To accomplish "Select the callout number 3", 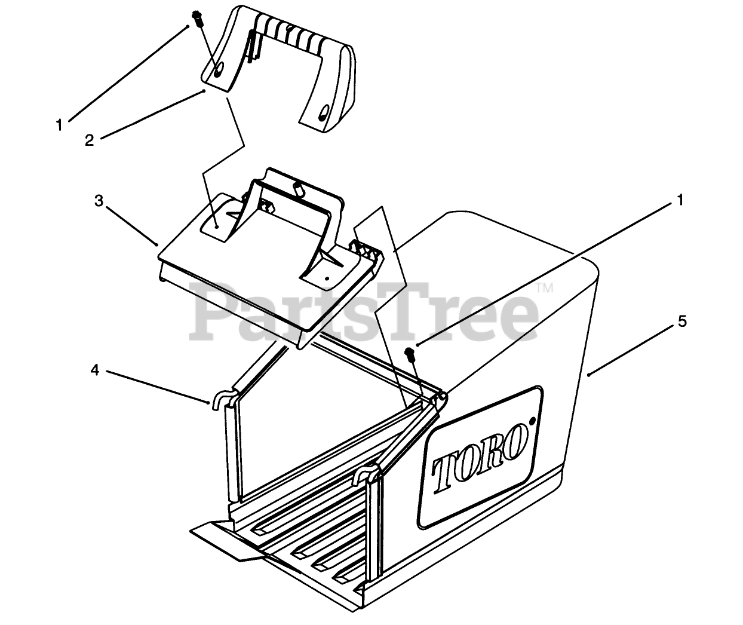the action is (x=99, y=200).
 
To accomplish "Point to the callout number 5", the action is (x=682, y=321).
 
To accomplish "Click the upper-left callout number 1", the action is (x=59, y=125).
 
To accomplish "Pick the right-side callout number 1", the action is (x=679, y=201).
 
